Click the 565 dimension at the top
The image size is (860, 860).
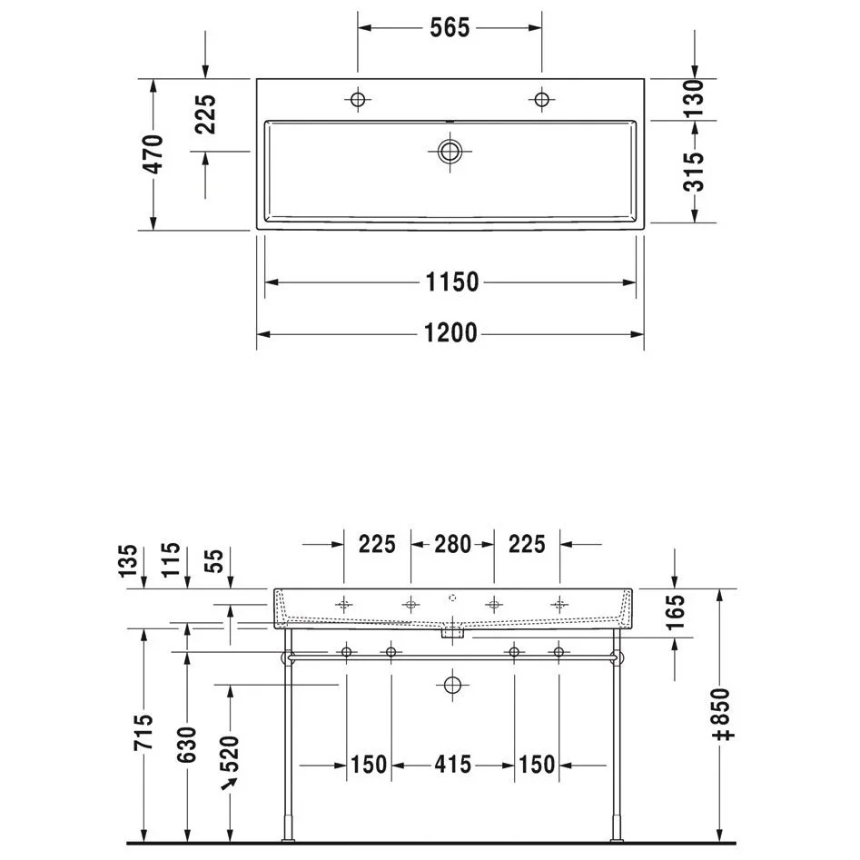tap(450, 27)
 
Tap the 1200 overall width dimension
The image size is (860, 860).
tap(450, 333)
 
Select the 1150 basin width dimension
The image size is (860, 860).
tap(452, 282)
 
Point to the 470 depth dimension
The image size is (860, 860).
tap(154, 153)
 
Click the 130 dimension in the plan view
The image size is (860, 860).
tap(694, 98)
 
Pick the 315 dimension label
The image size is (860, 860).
tap(694, 171)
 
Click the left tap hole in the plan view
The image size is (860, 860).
tap(358, 100)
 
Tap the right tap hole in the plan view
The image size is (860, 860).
tap(542, 100)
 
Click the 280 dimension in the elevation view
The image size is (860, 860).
tap(452, 544)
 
